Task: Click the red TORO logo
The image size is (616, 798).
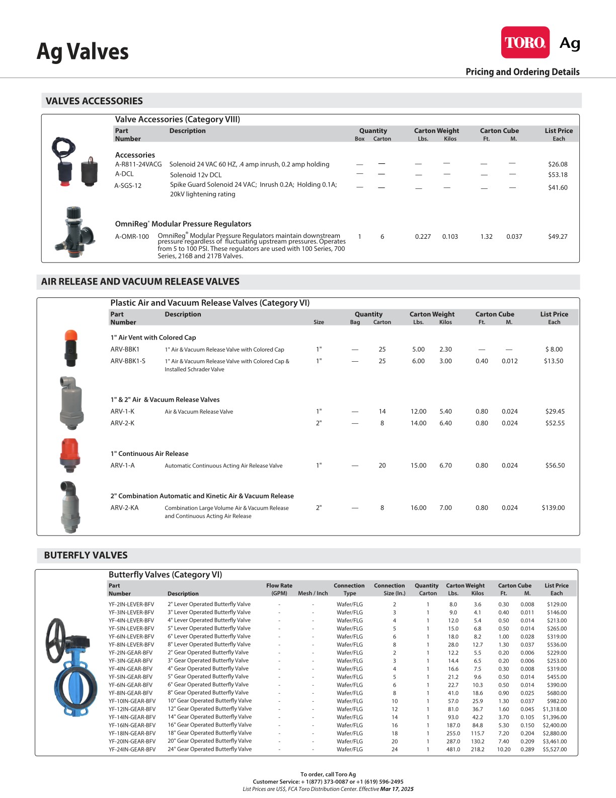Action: [525, 42]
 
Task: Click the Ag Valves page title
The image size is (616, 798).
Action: [83, 52]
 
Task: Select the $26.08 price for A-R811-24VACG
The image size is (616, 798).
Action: [557, 164]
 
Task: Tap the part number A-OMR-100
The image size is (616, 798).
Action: [132, 236]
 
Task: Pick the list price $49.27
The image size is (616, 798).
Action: [557, 236]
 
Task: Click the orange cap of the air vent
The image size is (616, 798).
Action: [71, 336]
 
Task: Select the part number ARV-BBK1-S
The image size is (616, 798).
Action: [128, 361]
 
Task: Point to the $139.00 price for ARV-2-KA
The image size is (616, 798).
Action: [553, 508]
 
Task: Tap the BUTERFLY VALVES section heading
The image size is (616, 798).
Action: [86, 555]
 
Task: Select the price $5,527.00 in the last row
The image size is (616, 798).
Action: [554, 750]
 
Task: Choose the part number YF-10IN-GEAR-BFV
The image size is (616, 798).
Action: [132, 701]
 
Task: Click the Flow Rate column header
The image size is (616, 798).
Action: [279, 585]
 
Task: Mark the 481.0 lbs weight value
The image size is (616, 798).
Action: [453, 750]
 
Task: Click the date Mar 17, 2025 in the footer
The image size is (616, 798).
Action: [397, 789]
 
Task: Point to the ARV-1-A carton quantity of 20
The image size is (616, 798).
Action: [382, 465]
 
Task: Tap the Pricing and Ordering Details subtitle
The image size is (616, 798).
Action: [522, 72]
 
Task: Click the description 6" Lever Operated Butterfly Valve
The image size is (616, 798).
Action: [209, 636]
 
